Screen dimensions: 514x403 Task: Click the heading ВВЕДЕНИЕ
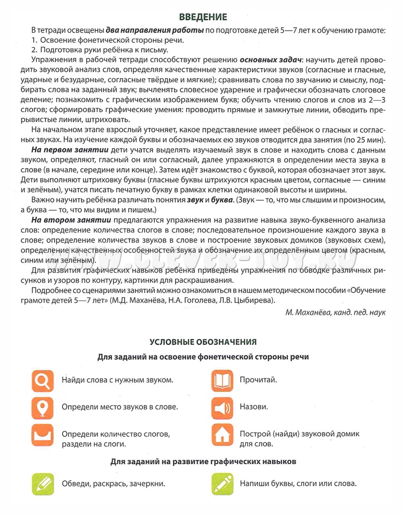tap(203, 17)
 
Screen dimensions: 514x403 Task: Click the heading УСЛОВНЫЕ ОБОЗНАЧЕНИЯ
tap(203, 342)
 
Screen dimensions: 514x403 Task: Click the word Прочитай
tap(258, 380)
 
